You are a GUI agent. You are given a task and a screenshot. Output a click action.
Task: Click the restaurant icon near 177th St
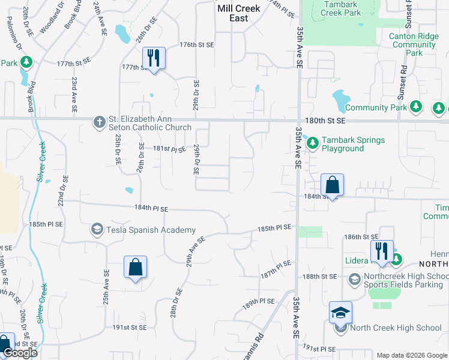154,59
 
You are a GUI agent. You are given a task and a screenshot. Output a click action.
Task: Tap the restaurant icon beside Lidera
382,251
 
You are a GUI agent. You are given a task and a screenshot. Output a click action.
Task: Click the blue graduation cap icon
340,313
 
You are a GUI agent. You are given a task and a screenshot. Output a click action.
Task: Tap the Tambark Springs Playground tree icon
312,143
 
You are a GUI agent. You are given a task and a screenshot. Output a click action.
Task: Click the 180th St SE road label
328,121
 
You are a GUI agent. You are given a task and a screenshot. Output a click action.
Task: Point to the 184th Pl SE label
151,209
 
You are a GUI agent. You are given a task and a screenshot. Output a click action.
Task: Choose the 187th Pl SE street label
276,269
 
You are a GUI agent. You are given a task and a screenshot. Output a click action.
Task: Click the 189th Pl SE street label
259,301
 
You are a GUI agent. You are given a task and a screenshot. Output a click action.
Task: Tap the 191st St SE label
130,327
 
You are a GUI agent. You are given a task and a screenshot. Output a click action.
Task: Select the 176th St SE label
197,45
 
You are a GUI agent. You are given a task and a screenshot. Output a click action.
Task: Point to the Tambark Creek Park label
342,8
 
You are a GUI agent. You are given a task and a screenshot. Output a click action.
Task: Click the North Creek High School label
396,328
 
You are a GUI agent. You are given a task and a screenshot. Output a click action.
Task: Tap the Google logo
20,352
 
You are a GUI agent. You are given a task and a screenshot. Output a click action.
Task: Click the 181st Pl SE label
170,148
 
